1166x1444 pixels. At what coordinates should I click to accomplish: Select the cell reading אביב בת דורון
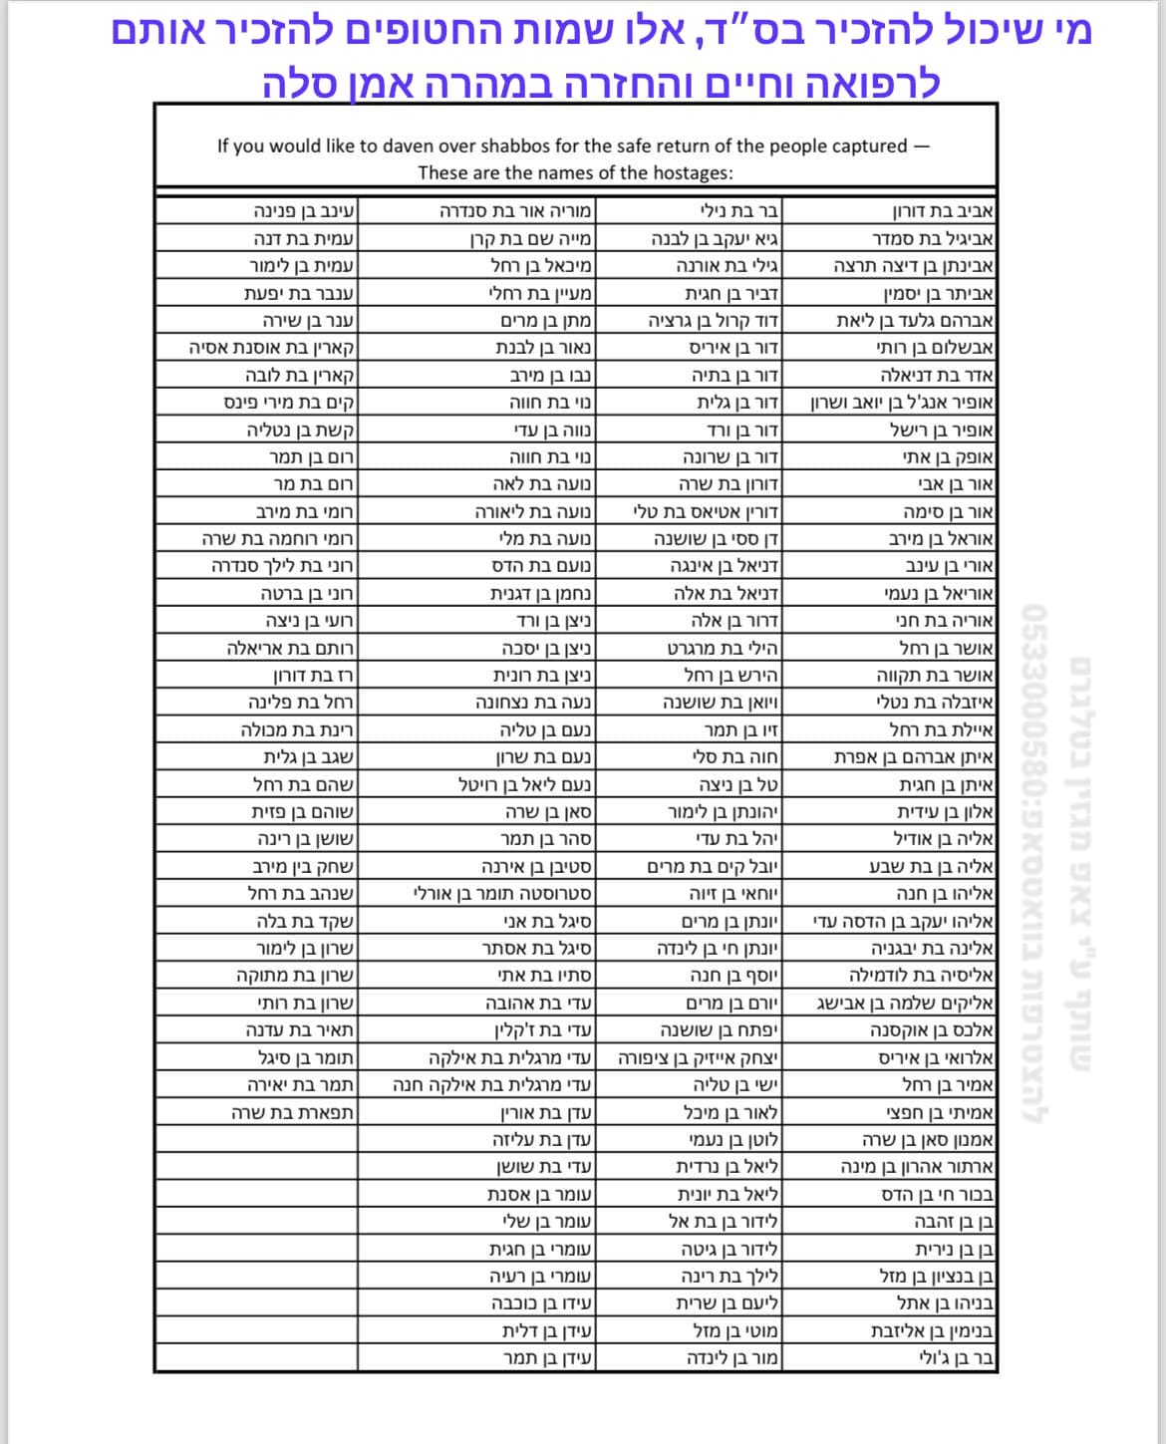pos(943,211)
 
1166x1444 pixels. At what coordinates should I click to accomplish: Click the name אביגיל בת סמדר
pos(933,239)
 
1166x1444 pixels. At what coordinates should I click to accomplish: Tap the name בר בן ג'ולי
pos(956,1356)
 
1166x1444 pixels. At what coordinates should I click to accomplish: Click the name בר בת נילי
pos(737,211)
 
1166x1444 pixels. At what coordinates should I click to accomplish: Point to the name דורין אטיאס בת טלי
pos(706,512)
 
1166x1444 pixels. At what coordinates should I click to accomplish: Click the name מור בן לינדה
pos(731,1356)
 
